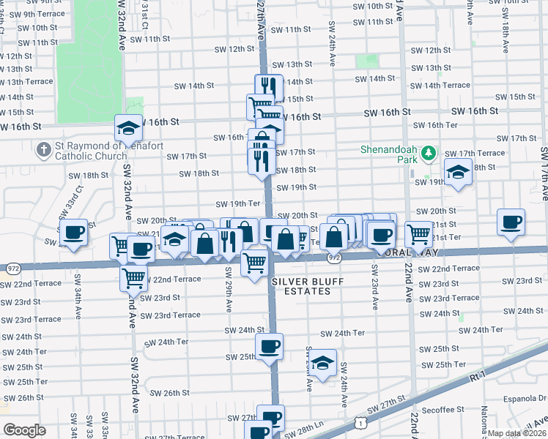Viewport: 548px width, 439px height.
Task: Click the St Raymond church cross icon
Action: coord(44,149)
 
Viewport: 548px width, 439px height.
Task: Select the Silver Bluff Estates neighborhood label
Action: coord(301,286)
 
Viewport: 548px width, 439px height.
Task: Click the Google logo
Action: coord(24,430)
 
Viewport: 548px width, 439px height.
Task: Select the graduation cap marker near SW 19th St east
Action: coord(459,172)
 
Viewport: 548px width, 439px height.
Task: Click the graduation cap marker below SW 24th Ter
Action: coord(322,363)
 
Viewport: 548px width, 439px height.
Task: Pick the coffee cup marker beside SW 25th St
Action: coord(269,347)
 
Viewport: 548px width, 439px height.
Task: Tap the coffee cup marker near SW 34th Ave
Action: coord(73,234)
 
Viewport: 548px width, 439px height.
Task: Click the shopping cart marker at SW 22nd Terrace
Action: coord(133,278)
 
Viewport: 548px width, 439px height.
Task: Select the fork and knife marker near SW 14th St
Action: coord(269,87)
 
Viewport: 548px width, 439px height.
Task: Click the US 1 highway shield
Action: coord(359,423)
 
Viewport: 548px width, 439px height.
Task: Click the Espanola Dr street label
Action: coord(526,399)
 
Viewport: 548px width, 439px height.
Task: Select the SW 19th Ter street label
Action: coord(238,203)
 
